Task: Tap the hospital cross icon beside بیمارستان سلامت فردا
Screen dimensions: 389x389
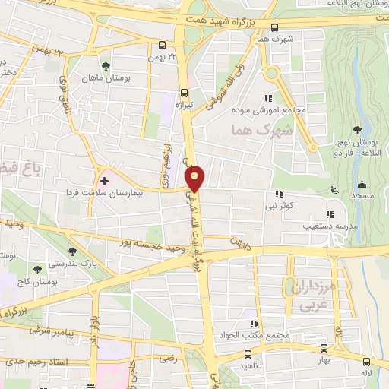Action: [104, 181]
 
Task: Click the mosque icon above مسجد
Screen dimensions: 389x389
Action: [362, 184]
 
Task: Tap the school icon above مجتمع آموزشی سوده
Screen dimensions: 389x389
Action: [267, 98]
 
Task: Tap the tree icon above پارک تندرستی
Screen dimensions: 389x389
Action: [72, 251]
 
